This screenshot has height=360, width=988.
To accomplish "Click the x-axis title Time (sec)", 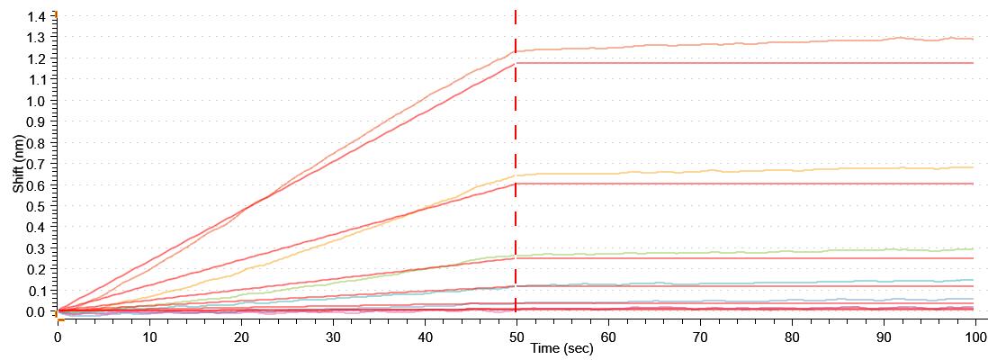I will [x=561, y=347].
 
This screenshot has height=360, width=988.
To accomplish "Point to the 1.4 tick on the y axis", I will [x=37, y=17].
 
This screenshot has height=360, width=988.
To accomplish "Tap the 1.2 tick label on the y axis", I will [x=37, y=58].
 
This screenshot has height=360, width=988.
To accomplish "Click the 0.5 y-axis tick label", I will [x=37, y=206].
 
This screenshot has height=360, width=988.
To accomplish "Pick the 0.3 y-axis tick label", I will [x=37, y=248].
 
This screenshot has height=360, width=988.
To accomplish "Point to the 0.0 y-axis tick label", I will [x=37, y=311].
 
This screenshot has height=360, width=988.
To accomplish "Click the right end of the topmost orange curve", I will [x=972, y=39].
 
